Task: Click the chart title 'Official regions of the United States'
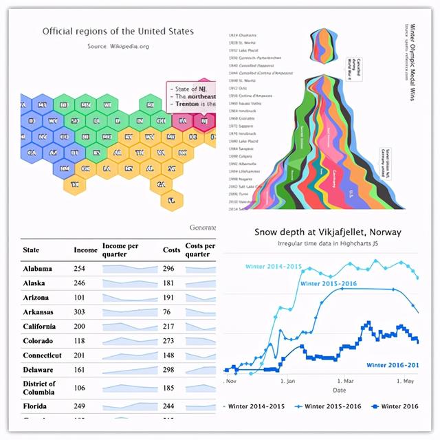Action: (118, 31)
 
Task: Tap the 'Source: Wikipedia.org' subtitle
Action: (118, 46)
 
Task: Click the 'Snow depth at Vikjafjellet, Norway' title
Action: (327, 232)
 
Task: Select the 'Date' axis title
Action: (340, 390)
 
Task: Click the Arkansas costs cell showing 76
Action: (168, 312)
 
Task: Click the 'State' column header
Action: (31, 250)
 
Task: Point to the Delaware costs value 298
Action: (169, 369)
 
